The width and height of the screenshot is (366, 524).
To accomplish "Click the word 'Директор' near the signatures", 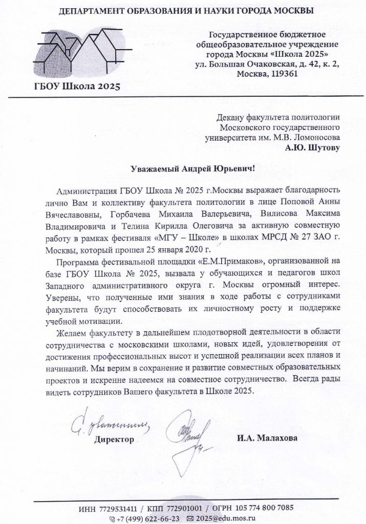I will click(x=114, y=439).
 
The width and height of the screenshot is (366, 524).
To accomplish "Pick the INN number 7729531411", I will click(x=117, y=508).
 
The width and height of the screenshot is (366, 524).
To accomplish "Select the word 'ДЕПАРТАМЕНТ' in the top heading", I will click(x=90, y=10).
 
